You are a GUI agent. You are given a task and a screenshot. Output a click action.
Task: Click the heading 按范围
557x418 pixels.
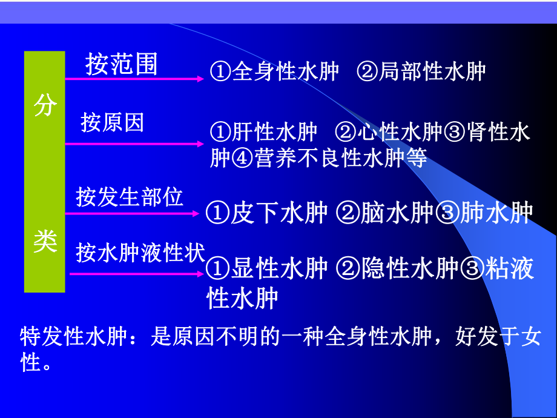[x=121, y=64]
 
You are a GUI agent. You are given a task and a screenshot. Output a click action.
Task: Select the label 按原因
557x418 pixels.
[x=113, y=123]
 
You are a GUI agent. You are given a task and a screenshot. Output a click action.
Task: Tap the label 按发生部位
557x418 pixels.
[x=130, y=197]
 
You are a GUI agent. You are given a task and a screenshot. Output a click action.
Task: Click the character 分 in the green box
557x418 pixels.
[x=45, y=106]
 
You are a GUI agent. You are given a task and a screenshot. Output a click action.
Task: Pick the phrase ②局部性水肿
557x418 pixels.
[x=421, y=71]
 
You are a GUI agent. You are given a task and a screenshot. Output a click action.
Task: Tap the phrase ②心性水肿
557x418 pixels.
[x=389, y=132]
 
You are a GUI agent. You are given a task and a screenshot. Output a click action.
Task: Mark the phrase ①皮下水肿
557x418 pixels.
[x=267, y=213]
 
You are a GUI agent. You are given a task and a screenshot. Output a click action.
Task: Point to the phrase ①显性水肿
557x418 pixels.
[x=267, y=269]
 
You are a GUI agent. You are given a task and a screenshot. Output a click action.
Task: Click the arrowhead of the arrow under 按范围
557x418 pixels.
[x=200, y=78]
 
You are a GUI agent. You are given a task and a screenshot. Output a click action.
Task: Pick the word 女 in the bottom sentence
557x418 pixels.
[x=530, y=337]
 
